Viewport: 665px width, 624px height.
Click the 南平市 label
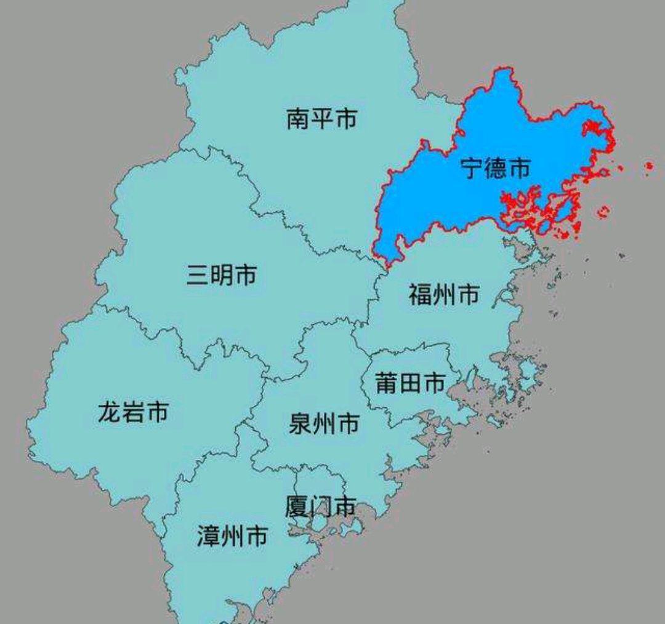coord(321,119)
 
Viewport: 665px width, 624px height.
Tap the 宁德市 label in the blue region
coord(496,167)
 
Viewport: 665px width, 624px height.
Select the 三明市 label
coord(222,275)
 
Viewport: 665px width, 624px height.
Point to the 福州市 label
coord(444,295)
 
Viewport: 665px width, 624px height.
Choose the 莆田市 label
coord(410,383)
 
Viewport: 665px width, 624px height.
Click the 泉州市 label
coord(324,424)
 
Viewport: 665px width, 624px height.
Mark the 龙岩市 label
coord(133,412)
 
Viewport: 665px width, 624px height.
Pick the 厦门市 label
coord(320,506)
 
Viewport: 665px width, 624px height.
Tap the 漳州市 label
coord(232,536)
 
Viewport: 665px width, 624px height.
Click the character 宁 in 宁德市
coord(473,167)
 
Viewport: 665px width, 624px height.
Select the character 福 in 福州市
coord(421,295)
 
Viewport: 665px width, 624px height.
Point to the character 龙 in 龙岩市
coord(110,412)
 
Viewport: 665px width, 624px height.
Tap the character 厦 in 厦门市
coord(297,506)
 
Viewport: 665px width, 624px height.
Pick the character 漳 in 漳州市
coord(209,536)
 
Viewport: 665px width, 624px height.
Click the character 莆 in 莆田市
coord(387,383)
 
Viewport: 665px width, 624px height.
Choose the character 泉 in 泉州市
coord(300,424)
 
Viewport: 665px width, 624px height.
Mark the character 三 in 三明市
coord(198,275)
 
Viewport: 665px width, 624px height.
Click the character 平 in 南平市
coord(321,119)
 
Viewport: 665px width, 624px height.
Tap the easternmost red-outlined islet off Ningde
coord(648,166)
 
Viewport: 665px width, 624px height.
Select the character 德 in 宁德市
coord(496,167)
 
